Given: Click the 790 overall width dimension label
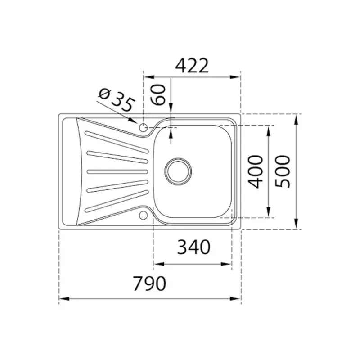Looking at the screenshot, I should coord(150,283).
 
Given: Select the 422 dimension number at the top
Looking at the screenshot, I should coord(192,66).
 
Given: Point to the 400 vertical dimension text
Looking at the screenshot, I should coord(256,171).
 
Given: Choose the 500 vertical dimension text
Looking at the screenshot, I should coord(283,171).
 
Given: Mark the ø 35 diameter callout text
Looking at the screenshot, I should coord(117,100).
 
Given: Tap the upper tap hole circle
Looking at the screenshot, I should coord(144,127).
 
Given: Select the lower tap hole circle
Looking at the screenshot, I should coord(144,215).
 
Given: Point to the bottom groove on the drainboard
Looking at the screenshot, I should coord(116,202).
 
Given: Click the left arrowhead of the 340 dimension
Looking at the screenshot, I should coord(157,264).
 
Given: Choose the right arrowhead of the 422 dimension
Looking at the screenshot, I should coord(237,76).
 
